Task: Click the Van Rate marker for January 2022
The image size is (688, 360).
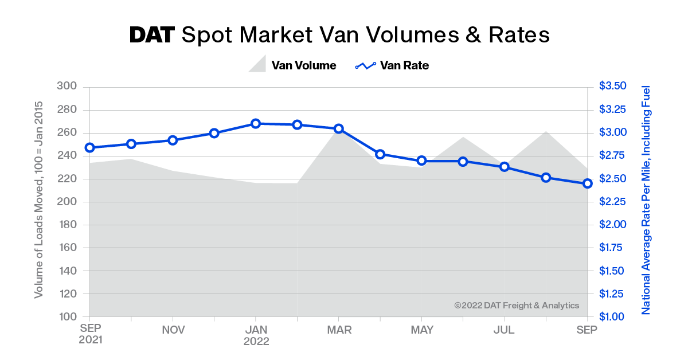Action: coord(256,123)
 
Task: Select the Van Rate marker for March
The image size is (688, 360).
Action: coord(338,129)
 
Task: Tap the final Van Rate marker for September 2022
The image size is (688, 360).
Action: coord(587,183)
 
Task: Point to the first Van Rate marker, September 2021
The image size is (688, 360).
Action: coord(89,147)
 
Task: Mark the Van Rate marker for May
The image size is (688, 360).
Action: coord(421,161)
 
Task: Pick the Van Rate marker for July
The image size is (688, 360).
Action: coord(505,167)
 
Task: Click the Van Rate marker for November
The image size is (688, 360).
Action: coord(173,140)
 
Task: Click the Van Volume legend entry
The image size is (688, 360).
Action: coord(292,65)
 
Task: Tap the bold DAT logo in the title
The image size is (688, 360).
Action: coord(151,35)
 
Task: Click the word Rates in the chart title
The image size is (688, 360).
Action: coord(518,35)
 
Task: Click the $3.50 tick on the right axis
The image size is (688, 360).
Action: coord(613,86)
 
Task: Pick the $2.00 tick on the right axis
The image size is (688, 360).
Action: coord(613,224)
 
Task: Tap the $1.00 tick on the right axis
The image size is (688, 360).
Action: coord(613,316)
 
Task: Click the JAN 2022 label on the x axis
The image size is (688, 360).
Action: coord(256,335)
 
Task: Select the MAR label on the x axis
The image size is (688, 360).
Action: coord(338,330)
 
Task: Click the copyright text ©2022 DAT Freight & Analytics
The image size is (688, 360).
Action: coord(517,306)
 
